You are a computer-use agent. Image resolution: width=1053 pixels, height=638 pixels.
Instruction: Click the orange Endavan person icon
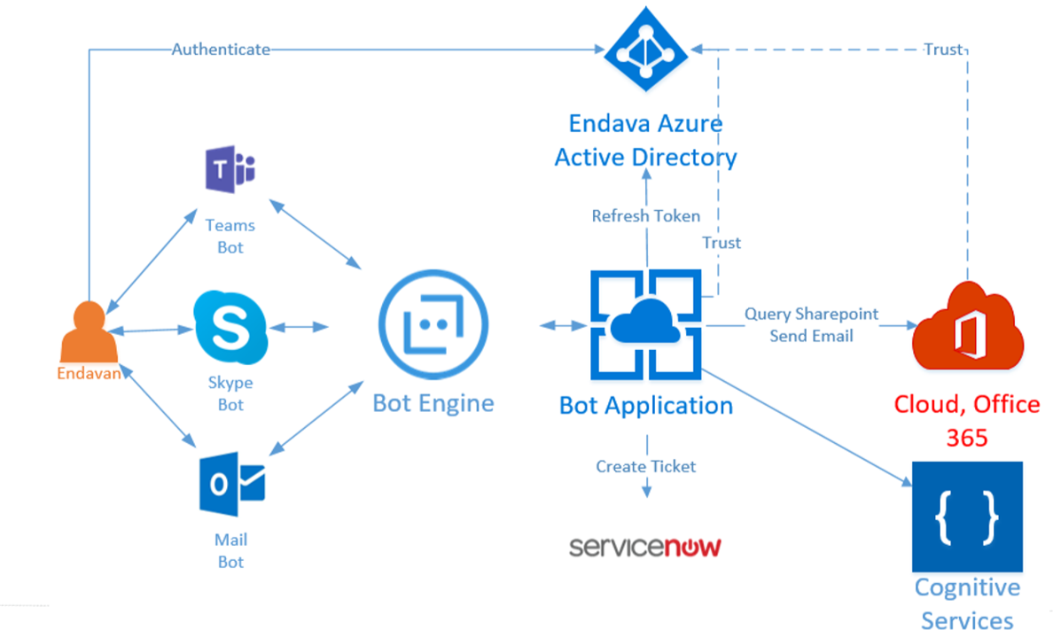[88, 332]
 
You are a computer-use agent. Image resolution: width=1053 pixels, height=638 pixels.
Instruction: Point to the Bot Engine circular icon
[433, 327]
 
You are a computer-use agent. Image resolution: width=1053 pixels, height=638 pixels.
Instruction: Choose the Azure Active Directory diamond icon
[646, 51]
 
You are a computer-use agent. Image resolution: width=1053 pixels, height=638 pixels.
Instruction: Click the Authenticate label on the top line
[221, 50]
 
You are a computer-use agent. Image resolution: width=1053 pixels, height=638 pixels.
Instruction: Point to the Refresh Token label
[645, 215]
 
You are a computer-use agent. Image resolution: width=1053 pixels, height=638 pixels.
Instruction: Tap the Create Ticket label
[645, 466]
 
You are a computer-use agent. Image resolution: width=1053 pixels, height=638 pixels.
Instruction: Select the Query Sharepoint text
[811, 314]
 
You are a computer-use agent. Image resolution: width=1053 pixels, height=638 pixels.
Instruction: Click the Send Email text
[811, 336]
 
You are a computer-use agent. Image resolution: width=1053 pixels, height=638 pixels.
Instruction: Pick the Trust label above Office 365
[942, 50]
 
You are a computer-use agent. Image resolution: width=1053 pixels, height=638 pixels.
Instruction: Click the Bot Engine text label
[433, 403]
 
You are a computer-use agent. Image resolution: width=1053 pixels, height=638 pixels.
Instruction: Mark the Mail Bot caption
[230, 550]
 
